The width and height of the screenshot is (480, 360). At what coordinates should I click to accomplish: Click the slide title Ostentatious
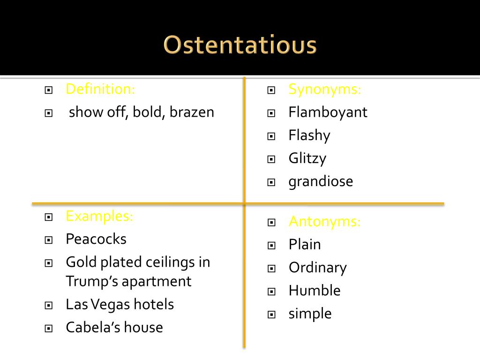pos(240,46)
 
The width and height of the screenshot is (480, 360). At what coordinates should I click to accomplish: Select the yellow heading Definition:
pos(100,89)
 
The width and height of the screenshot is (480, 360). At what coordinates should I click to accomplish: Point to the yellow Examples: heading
pos(99,216)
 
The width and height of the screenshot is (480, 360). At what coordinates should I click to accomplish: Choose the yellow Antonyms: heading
pos(325,221)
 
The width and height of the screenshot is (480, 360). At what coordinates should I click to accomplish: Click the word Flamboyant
pos(328,112)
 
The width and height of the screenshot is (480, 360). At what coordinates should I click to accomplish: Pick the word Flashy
pos(309,135)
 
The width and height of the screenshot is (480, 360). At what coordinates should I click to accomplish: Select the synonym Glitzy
pos(307,158)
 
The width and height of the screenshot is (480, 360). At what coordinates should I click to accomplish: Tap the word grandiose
pos(321,181)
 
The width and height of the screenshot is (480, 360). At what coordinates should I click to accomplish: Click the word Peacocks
pos(96,239)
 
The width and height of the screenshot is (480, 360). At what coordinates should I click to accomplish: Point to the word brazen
pos(192,112)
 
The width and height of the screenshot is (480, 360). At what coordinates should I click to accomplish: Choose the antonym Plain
pos(305,244)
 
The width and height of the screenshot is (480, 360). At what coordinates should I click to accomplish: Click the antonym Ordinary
pos(317,268)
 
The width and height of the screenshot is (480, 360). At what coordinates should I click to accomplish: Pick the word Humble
pos(315,291)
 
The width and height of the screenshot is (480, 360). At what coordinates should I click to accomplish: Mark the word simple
pos(310,314)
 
